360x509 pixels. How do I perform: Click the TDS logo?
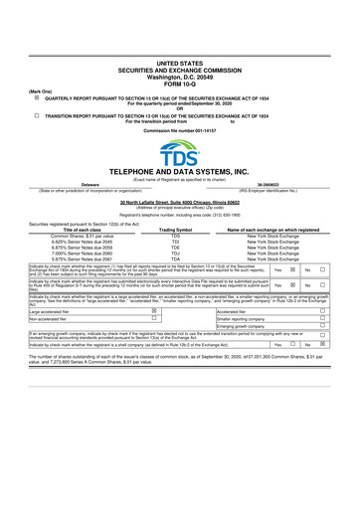[x=180, y=151]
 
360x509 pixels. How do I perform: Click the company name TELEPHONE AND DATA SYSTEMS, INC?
[x=180, y=172]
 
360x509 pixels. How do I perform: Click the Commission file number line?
[x=180, y=129]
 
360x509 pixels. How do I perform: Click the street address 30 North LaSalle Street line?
[x=180, y=201]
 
